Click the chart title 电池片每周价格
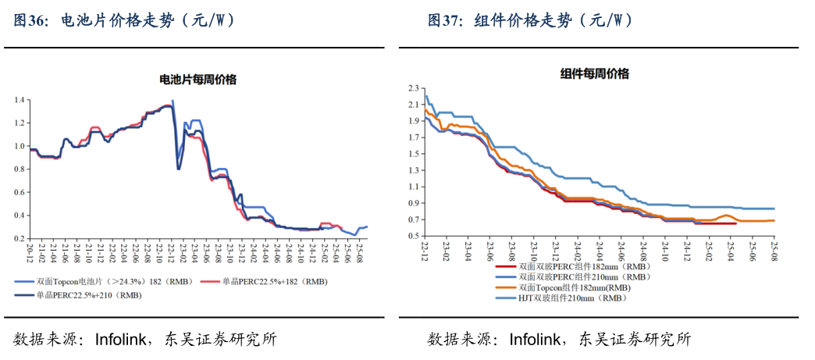(198, 80)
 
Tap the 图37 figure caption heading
(530, 21)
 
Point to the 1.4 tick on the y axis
(20, 100)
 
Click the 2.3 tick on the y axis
(414, 88)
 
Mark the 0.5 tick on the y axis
(414, 235)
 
